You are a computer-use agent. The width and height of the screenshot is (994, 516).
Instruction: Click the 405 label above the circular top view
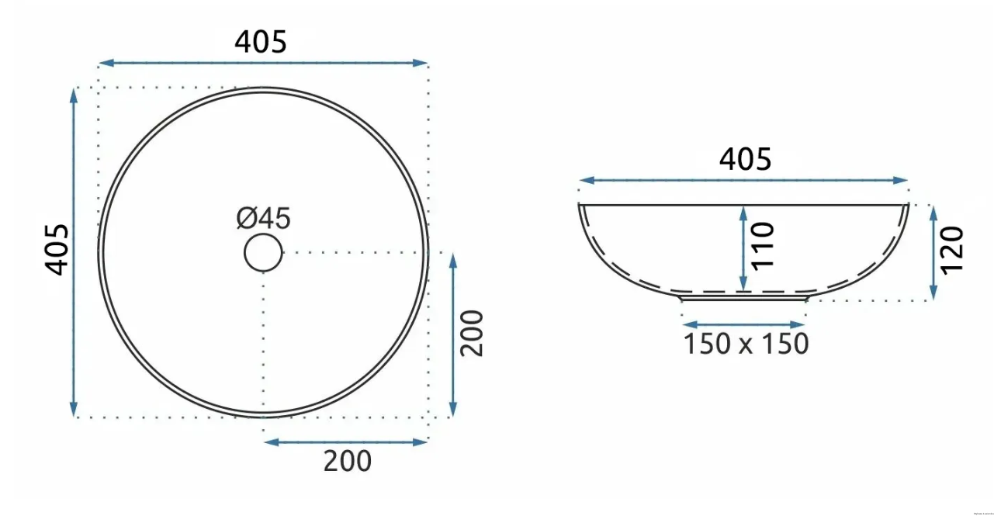261,42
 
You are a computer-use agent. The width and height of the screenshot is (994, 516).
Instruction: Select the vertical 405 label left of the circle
57,250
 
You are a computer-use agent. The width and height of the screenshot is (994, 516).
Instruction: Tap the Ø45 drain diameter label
263,218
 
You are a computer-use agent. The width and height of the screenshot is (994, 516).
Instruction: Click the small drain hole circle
263,252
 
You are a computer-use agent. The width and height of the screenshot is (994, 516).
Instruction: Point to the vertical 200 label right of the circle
471,333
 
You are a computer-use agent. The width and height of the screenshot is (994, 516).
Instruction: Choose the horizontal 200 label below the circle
347,461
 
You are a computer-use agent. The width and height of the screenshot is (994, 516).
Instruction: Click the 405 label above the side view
745,159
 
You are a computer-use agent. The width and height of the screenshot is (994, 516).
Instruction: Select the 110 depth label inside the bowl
763,246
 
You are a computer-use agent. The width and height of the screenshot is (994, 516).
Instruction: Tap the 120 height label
952,250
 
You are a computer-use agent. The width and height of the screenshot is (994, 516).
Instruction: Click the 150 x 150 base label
746,344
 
